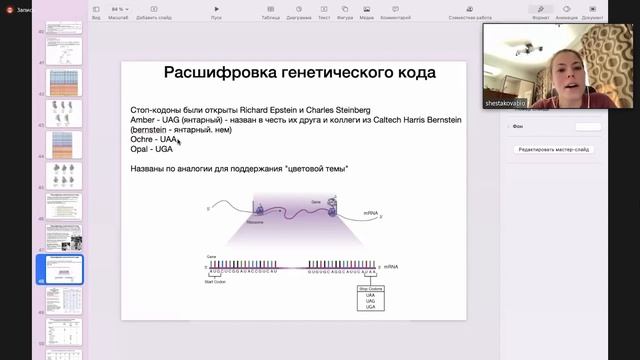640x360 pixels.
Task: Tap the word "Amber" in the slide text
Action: click(x=142, y=119)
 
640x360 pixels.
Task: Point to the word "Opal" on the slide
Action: click(x=140, y=149)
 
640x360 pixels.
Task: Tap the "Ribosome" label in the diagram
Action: click(x=256, y=222)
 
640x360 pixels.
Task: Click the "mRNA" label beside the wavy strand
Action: click(x=370, y=213)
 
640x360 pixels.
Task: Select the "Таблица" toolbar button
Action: click(x=271, y=13)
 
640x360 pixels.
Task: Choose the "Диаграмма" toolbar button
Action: click(x=298, y=13)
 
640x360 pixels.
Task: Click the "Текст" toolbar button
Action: click(x=323, y=13)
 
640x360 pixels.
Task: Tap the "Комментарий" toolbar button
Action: click(x=396, y=13)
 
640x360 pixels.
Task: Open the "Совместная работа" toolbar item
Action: click(x=470, y=13)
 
